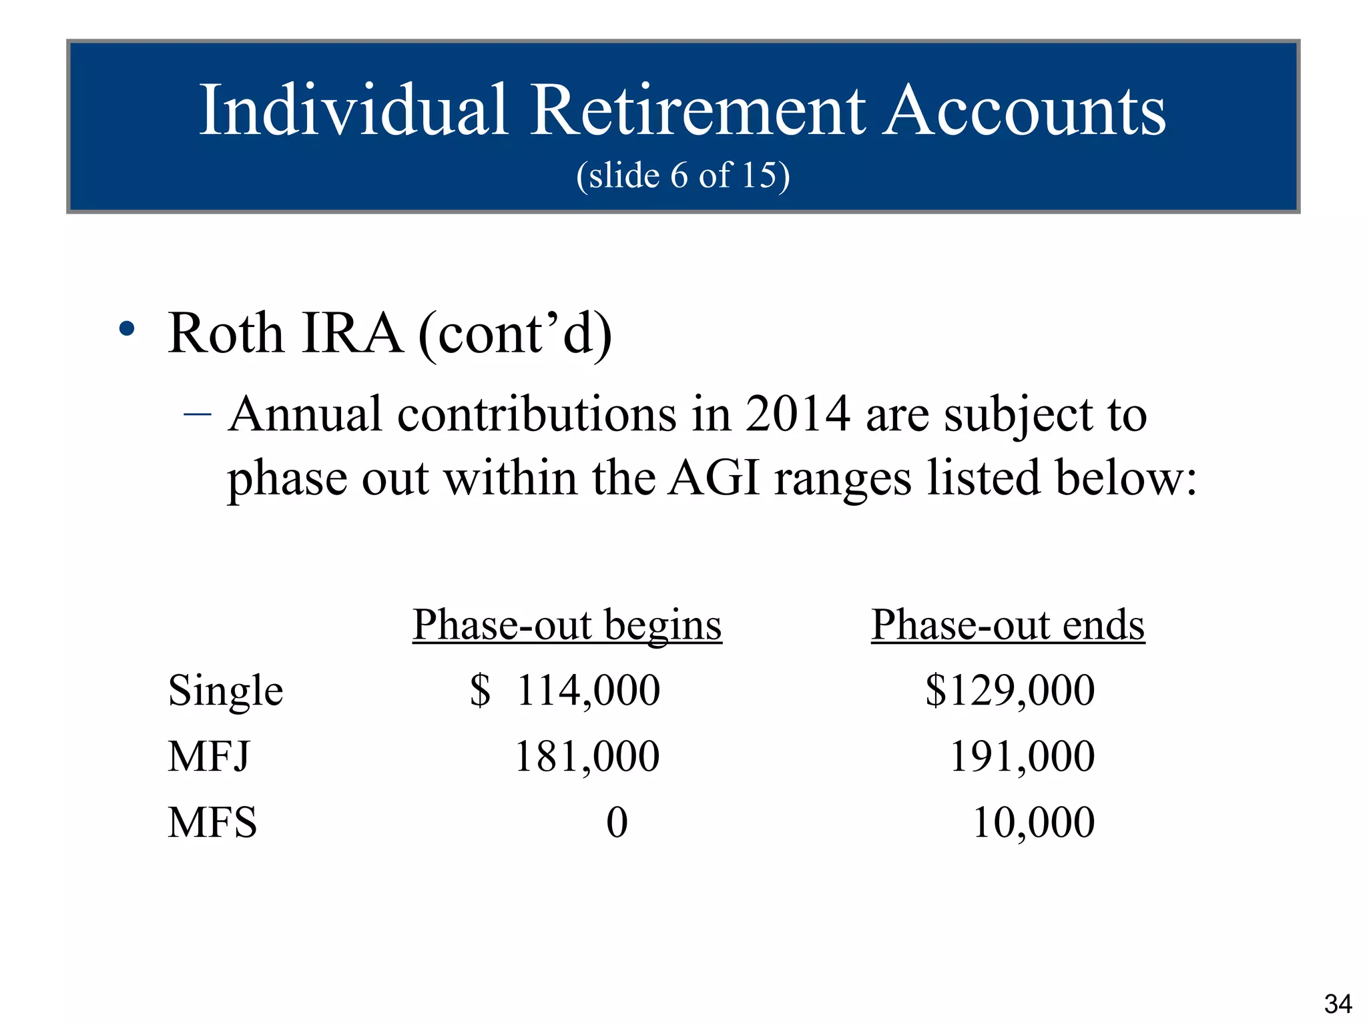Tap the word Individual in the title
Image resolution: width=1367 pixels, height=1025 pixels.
(x=354, y=110)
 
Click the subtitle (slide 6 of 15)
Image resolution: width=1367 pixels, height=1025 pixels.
(x=683, y=176)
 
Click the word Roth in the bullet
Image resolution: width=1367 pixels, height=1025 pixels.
(x=226, y=333)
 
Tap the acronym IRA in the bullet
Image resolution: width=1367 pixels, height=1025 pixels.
(x=352, y=333)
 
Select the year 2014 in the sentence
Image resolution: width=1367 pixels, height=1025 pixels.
(x=797, y=414)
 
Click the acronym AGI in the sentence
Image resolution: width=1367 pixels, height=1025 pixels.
(x=714, y=478)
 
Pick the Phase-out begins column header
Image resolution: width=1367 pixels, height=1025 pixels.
(x=567, y=625)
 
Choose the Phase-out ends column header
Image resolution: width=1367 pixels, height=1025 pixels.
(x=1008, y=625)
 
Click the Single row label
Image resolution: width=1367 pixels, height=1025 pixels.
(x=226, y=690)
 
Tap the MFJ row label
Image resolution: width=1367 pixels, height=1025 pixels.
(x=209, y=756)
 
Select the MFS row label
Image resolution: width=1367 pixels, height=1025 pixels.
(x=212, y=822)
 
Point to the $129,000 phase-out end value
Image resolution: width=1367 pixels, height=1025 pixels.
(x=1010, y=690)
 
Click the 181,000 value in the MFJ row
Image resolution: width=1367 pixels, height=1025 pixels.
(x=587, y=756)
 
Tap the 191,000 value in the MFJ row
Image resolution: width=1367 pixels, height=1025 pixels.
(x=1022, y=756)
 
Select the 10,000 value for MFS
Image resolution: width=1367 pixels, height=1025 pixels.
(x=1033, y=822)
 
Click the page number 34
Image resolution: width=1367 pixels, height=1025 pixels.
(x=1338, y=1004)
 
